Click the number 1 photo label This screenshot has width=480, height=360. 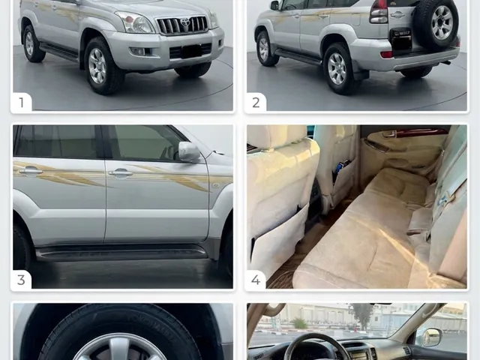21,103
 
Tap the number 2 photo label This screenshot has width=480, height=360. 256,103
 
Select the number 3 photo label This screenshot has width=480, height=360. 21,280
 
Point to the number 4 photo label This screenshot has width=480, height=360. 256,280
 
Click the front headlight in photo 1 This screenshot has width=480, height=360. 135,22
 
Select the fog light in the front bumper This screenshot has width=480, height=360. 138,52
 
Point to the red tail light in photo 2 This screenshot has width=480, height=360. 379,12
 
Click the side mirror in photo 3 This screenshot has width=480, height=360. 189,151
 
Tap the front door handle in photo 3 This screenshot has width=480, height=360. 120,173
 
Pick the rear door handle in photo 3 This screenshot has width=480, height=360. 30,171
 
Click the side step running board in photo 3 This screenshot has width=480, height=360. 121,252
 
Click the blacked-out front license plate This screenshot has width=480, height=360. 191,51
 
